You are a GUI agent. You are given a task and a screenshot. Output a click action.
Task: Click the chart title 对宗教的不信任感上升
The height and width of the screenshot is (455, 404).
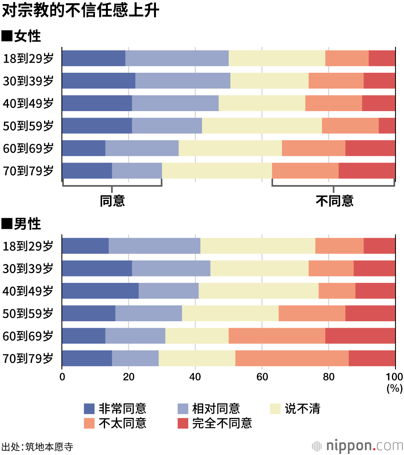pos(81,11)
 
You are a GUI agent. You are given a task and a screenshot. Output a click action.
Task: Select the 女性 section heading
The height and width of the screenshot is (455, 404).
pos(22,36)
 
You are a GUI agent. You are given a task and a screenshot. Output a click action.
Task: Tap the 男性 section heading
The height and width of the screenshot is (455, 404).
pos(22,223)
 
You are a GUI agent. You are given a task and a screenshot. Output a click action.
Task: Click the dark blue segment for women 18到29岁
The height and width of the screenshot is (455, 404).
pos(93,58)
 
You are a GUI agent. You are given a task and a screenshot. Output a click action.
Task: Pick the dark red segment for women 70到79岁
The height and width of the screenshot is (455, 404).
pos(367,171)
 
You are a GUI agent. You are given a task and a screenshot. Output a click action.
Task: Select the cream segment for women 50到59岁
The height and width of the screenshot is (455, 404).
pos(262,126)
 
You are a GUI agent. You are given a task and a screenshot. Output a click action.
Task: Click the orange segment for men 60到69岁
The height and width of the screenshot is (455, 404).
pos(277,336)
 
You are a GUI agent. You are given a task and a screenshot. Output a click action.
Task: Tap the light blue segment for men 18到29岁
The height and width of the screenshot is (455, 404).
pos(154,246)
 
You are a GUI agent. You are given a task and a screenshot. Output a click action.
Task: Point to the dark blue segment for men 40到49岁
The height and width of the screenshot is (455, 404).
pos(100,291)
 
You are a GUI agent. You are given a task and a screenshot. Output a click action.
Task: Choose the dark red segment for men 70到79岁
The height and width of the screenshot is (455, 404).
pos(372,358)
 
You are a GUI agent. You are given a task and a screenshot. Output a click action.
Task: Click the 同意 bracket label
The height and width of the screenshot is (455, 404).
pos(112,200)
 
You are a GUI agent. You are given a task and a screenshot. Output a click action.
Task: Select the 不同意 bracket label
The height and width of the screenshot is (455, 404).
pos(334,200)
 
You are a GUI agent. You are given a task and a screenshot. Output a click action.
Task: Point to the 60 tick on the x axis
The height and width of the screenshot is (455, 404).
pos(262,377)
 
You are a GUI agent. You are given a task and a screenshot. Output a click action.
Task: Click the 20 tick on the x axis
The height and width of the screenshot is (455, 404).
pos(128,377)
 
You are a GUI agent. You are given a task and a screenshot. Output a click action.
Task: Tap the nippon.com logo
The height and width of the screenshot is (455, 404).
pos(358,446)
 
